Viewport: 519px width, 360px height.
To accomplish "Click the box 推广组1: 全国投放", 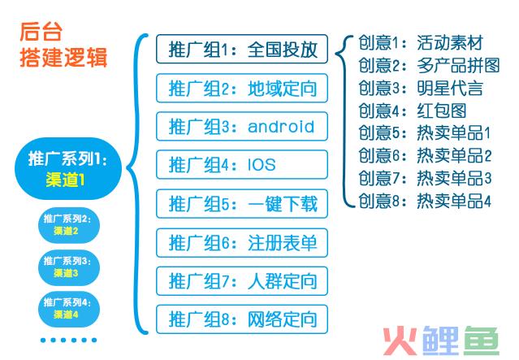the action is point(242,49).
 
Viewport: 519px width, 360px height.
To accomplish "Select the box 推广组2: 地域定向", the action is point(242,88).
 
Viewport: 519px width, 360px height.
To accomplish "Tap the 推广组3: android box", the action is point(242,127).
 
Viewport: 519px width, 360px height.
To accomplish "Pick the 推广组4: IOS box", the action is point(242,165).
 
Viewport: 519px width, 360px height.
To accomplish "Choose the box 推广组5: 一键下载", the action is point(242,204).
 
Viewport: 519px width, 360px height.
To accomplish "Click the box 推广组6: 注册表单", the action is point(242,243).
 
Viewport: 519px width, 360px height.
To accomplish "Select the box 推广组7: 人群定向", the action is point(242,281).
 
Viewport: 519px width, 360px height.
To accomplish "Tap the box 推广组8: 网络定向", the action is point(242,319).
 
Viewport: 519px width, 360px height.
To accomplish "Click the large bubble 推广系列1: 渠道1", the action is point(68,168).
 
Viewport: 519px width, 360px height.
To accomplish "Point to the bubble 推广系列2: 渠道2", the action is point(69,225).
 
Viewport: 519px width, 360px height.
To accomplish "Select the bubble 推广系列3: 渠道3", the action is point(69,267).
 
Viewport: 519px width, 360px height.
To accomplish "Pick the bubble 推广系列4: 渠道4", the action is point(69,309).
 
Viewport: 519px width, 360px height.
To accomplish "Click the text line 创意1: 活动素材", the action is point(421,43).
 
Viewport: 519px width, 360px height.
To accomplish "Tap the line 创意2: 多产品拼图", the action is point(429,65).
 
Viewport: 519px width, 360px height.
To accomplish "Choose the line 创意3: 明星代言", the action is point(421,88).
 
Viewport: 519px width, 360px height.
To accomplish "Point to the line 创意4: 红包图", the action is point(413,111).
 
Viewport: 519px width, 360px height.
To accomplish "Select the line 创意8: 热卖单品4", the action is point(425,201).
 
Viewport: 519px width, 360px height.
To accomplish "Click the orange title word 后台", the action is point(41,32).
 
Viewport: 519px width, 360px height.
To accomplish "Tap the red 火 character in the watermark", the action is point(400,341).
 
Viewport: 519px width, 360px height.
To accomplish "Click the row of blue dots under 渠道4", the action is point(68,340).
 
